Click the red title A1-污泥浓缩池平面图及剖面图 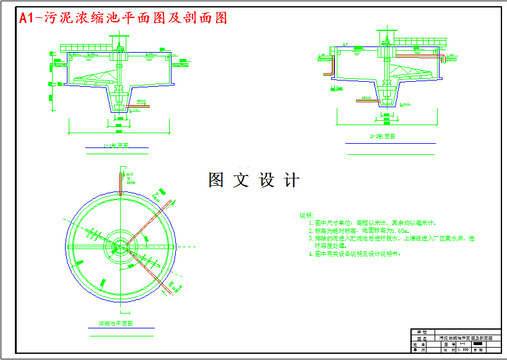point(123,18)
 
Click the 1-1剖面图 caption point(116,146)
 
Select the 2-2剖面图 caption point(382,136)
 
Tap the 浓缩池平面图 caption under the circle point(117,324)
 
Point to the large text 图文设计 point(254,180)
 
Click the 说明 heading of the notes point(306,215)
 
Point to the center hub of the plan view point(118,246)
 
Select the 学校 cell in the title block point(422,333)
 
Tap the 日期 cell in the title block point(480,350)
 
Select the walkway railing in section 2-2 point(420,42)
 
